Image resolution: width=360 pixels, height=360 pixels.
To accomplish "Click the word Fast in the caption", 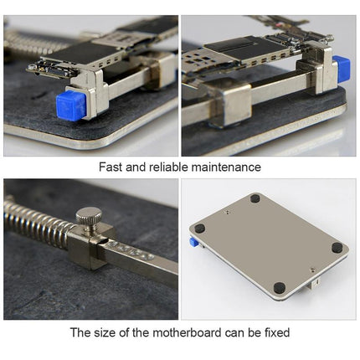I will pos(112,167).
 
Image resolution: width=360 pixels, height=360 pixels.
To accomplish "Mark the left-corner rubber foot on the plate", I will pos(199,227).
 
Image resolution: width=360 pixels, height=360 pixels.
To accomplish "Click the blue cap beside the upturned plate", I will pos(193,241).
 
